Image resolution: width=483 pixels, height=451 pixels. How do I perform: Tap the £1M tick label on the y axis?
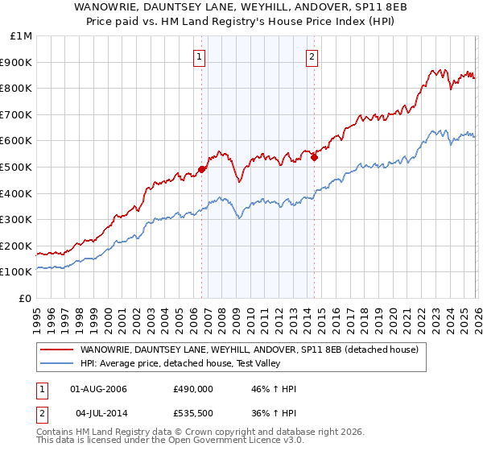coord(19,36)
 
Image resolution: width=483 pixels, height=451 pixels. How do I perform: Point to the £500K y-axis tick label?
coord(16,168)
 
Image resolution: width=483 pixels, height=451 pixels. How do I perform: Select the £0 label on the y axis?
coord(24,298)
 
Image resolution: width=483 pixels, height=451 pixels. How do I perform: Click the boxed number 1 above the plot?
coord(199,56)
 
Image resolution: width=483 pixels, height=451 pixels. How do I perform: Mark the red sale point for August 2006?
coord(201,170)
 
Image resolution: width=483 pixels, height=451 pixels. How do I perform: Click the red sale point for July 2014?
coord(314,158)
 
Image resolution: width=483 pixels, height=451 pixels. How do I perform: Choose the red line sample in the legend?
coord(56,350)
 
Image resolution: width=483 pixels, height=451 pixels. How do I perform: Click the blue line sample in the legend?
coord(56,364)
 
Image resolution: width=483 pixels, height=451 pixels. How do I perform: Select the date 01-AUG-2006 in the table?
coord(99,389)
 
